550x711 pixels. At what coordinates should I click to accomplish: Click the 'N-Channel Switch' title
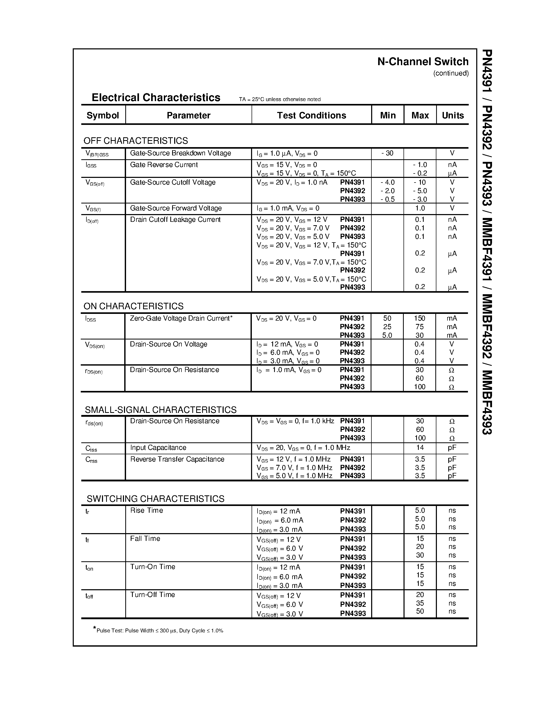(x=423, y=62)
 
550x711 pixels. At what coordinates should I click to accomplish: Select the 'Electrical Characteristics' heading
(x=156, y=98)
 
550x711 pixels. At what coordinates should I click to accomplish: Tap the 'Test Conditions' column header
(x=311, y=115)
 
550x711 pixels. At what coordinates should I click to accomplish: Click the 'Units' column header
(x=453, y=115)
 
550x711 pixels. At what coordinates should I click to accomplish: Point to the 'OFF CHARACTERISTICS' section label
(x=136, y=141)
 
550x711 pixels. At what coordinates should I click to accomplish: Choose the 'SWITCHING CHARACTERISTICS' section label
(x=155, y=499)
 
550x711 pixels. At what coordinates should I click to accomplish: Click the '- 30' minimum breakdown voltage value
(x=387, y=153)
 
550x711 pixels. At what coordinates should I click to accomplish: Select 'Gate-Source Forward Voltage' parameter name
(x=176, y=208)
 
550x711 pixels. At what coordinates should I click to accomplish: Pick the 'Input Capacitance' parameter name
(x=158, y=448)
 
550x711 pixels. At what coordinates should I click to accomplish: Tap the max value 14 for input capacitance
(x=420, y=448)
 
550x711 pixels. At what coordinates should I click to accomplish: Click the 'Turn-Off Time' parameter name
(x=152, y=595)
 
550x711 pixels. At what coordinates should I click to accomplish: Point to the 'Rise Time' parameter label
(x=146, y=510)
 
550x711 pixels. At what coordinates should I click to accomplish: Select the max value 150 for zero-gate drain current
(x=420, y=318)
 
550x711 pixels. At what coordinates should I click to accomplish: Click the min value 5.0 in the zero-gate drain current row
(x=387, y=335)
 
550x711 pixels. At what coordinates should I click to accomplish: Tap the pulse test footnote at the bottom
(x=158, y=630)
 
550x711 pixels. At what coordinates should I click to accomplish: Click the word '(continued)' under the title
(x=451, y=73)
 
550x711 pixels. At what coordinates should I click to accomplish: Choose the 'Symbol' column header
(x=103, y=115)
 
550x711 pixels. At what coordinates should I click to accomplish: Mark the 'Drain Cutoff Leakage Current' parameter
(x=175, y=220)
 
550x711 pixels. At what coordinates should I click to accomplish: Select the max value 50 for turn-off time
(x=420, y=611)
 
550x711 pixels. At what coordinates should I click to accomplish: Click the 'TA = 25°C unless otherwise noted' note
(x=280, y=99)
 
